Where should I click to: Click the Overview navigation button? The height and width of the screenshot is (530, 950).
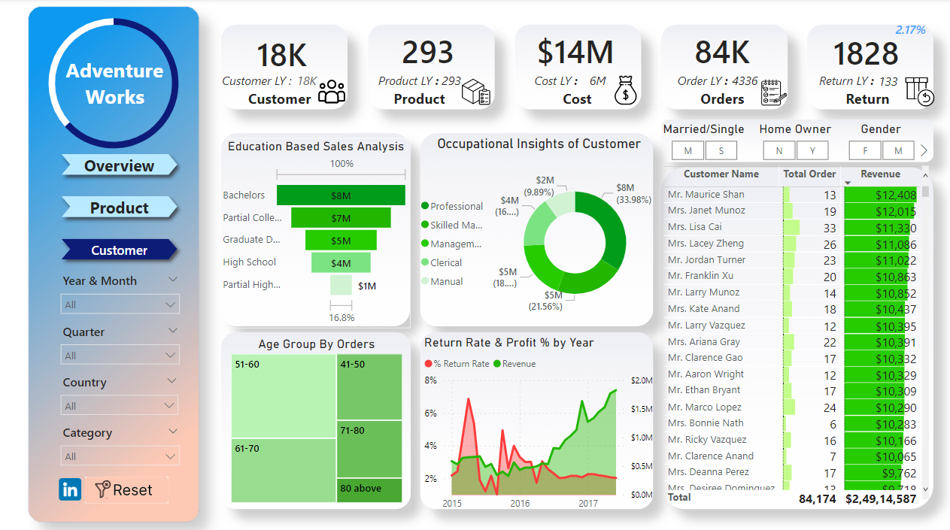pyautogui.click(x=119, y=166)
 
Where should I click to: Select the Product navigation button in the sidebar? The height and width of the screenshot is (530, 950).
pyautogui.click(x=119, y=208)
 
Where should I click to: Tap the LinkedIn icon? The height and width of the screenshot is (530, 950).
pyautogui.click(x=70, y=490)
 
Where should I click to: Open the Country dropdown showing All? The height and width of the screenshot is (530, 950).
pyautogui.click(x=119, y=406)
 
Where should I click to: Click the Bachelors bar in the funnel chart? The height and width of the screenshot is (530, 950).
pyautogui.click(x=341, y=195)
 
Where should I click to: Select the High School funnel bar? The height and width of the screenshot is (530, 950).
pyautogui.click(x=341, y=263)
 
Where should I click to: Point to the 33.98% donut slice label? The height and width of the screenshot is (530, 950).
pyautogui.click(x=633, y=200)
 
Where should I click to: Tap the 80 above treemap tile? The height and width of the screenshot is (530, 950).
pyautogui.click(x=369, y=489)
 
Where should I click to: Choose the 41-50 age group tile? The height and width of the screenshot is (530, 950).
pyautogui.click(x=369, y=387)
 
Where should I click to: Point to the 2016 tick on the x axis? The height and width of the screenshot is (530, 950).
pyautogui.click(x=520, y=503)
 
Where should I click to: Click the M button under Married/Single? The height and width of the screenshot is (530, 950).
pyautogui.click(x=687, y=151)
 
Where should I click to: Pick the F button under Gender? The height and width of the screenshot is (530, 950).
pyautogui.click(x=865, y=151)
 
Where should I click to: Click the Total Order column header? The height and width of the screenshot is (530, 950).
pyautogui.click(x=809, y=174)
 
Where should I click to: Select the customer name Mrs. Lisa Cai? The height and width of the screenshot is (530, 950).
pyautogui.click(x=694, y=227)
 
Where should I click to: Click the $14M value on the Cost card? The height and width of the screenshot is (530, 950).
pyautogui.click(x=575, y=53)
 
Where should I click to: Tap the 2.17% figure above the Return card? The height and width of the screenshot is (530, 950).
pyautogui.click(x=910, y=30)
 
